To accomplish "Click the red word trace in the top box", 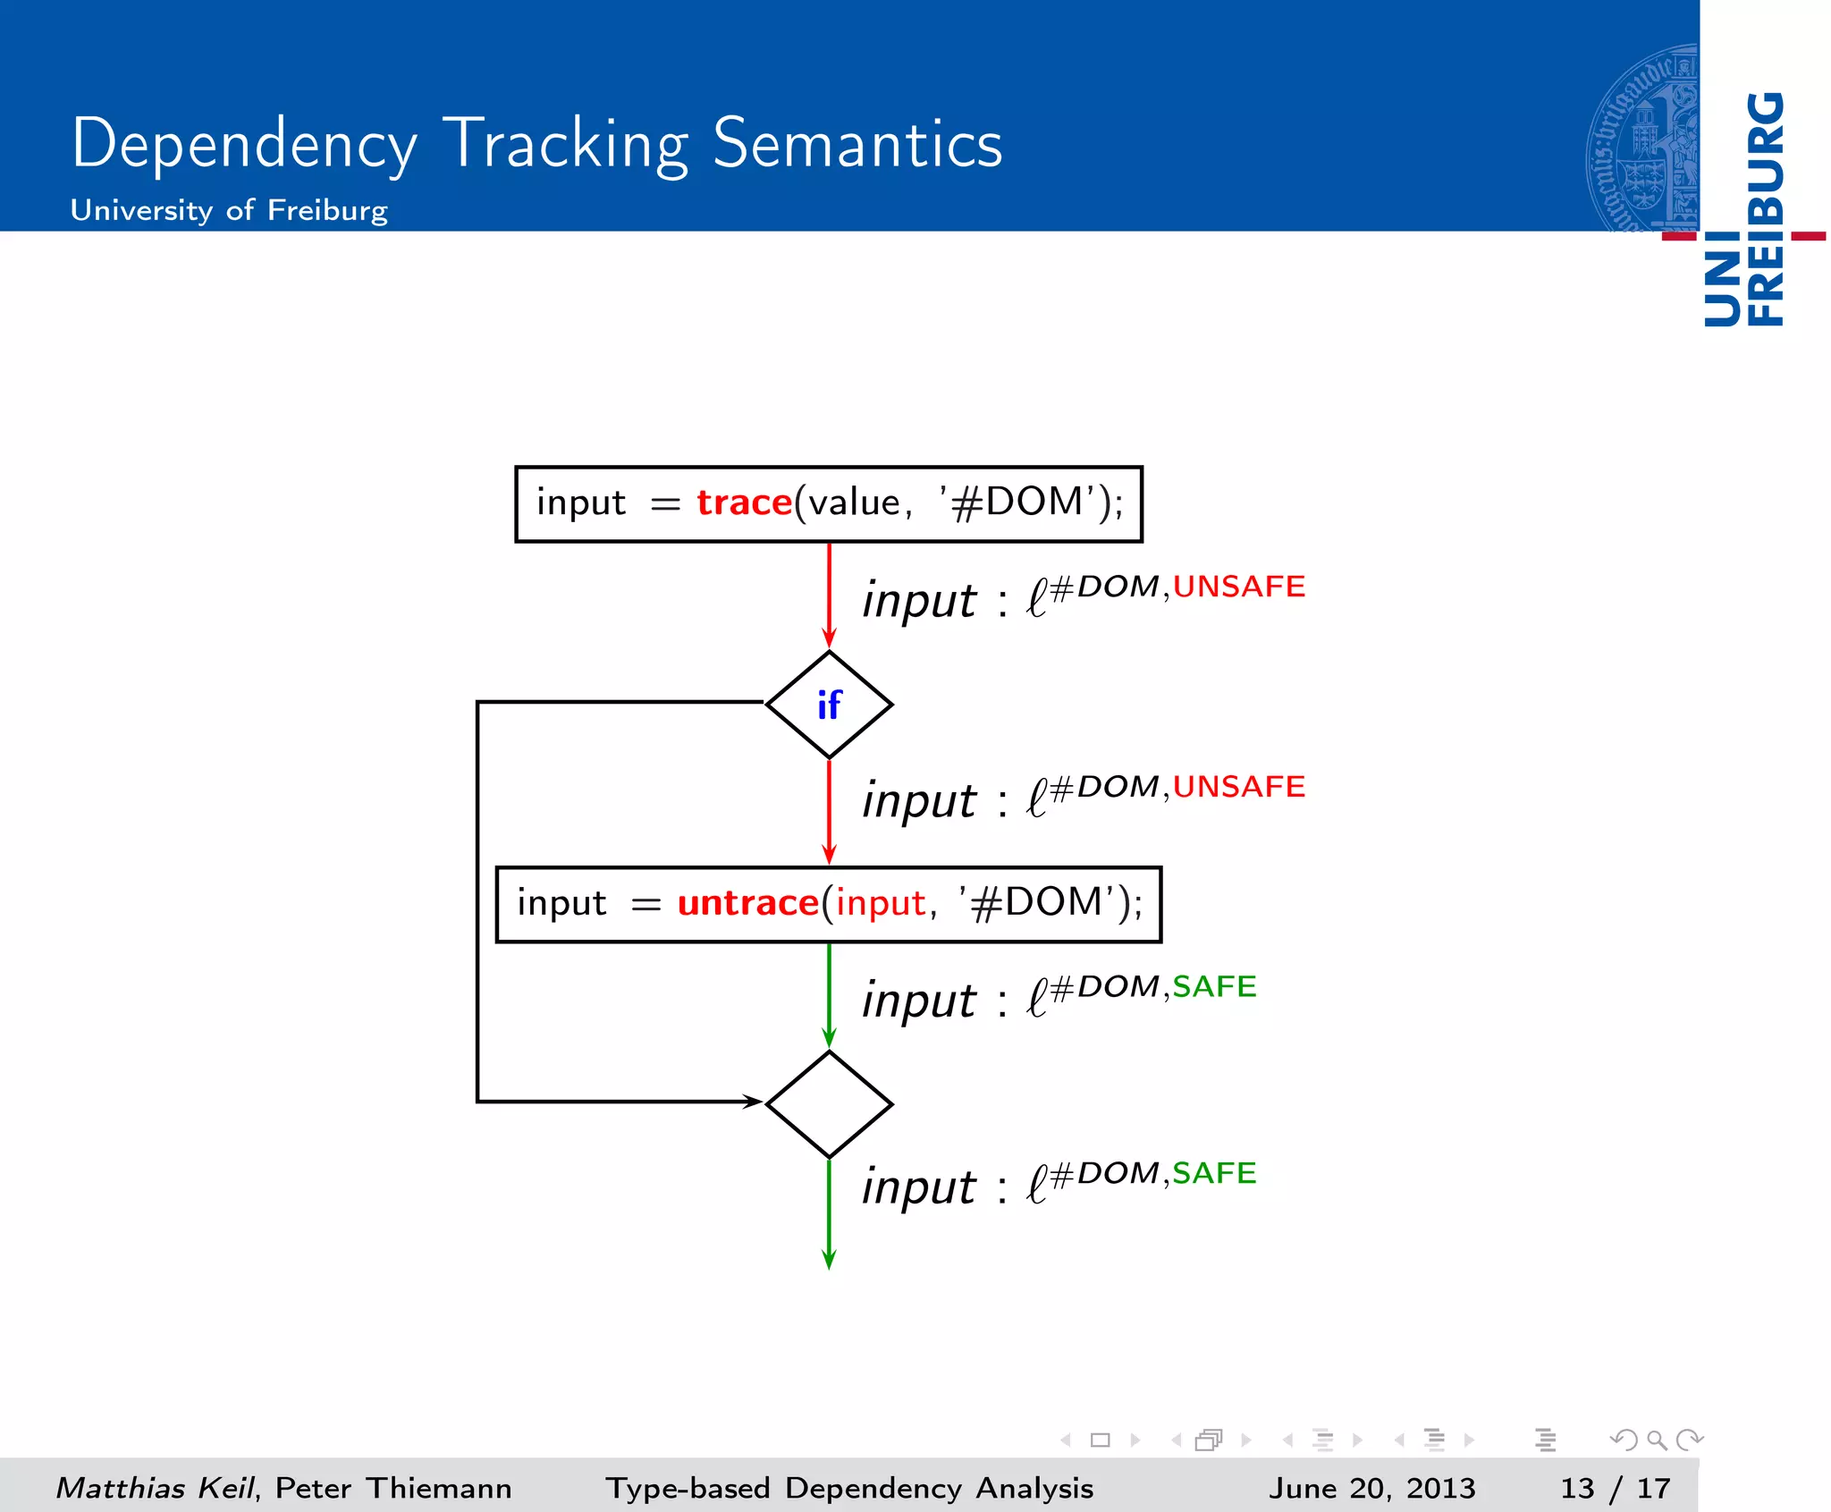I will click(744, 503).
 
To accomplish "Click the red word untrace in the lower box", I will click(747, 903).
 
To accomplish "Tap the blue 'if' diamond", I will click(829, 705).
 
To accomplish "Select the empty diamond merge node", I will click(829, 1104).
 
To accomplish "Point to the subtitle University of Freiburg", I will click(229, 210).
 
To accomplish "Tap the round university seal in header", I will click(1643, 139).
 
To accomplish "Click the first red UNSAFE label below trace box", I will click(1238, 587).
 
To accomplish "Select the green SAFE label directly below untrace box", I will click(1214, 986).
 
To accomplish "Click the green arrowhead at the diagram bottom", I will click(829, 1258).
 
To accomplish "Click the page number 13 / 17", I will click(1615, 1488).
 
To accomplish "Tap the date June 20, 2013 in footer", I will click(1371, 1488).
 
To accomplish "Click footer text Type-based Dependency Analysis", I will click(849, 1488).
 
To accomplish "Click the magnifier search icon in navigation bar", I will click(1656, 1440).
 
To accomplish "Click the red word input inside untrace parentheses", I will click(881, 903).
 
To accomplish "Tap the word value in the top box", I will click(855, 503).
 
